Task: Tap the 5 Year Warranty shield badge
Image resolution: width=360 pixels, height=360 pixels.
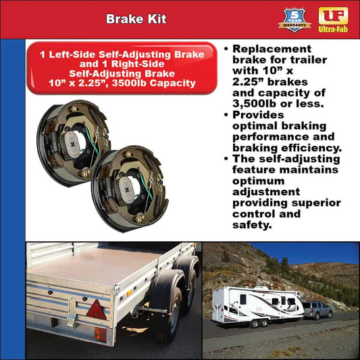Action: point(294,19)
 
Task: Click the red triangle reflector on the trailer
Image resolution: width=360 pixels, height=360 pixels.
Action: point(95,310)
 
